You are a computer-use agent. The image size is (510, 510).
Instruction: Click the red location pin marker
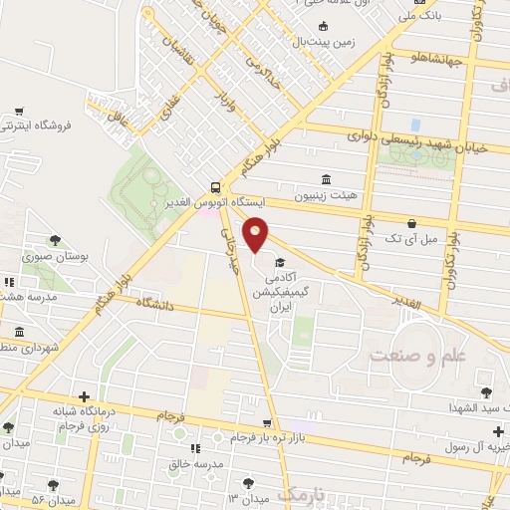coord(256,234)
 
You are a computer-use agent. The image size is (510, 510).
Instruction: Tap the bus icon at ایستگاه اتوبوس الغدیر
coord(216,186)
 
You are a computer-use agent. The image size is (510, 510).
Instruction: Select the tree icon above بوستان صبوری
coord(54,239)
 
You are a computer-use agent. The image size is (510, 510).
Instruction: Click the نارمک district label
coord(303,495)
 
